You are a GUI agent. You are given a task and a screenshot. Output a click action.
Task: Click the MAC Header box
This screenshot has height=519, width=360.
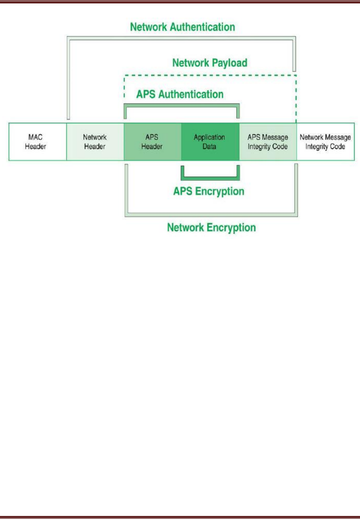(38, 142)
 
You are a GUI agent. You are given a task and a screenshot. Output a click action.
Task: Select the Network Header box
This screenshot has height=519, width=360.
(95, 142)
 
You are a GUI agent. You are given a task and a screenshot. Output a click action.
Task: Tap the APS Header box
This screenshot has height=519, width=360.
(152, 142)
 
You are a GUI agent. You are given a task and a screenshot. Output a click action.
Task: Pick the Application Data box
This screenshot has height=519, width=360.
(210, 142)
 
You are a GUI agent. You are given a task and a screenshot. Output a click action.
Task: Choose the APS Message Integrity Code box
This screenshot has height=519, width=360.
(268, 142)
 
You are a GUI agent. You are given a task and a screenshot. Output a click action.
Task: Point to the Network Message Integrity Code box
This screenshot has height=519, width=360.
(326, 142)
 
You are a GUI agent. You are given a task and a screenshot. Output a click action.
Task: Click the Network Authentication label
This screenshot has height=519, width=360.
(183, 27)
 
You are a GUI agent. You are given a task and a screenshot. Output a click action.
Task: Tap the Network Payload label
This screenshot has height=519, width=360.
(210, 63)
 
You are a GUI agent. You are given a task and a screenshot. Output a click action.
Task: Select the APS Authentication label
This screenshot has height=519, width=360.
(180, 94)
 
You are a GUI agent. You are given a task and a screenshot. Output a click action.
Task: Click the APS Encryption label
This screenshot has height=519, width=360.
(209, 192)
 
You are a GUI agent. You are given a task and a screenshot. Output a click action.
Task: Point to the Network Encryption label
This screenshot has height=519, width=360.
(211, 228)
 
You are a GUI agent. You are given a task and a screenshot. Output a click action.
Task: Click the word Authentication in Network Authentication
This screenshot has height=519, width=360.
(203, 27)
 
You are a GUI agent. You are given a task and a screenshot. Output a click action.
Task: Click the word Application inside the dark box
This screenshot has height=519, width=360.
(209, 137)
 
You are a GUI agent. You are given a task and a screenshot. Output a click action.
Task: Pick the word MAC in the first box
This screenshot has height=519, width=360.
(35, 137)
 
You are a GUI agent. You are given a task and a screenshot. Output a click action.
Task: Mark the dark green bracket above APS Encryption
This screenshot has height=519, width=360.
(210, 178)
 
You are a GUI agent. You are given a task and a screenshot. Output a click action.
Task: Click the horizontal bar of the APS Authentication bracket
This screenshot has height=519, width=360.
(182, 105)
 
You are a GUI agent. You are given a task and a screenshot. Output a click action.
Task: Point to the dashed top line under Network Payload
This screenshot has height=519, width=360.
(210, 75)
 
